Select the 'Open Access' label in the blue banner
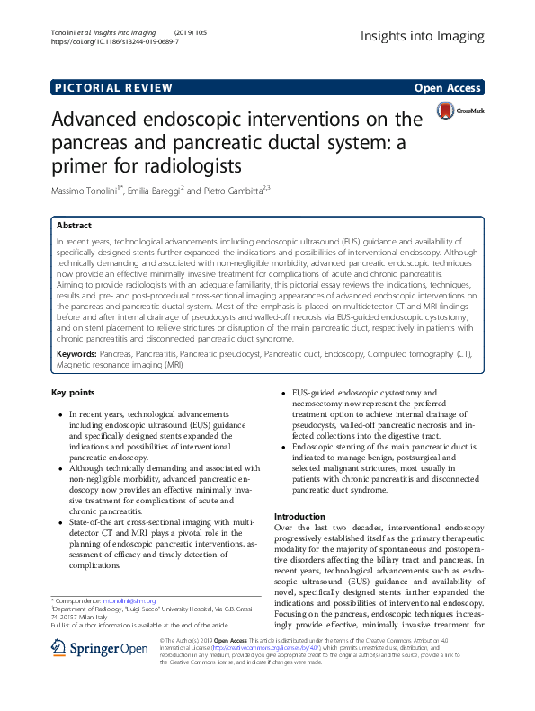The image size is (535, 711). coord(447,87)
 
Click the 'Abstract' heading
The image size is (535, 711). coord(74,226)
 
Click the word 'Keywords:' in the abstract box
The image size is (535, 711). coord(79,356)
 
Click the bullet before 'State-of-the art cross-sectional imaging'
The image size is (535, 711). coord(59,520)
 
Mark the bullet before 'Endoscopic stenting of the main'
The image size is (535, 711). coord(285,447)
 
